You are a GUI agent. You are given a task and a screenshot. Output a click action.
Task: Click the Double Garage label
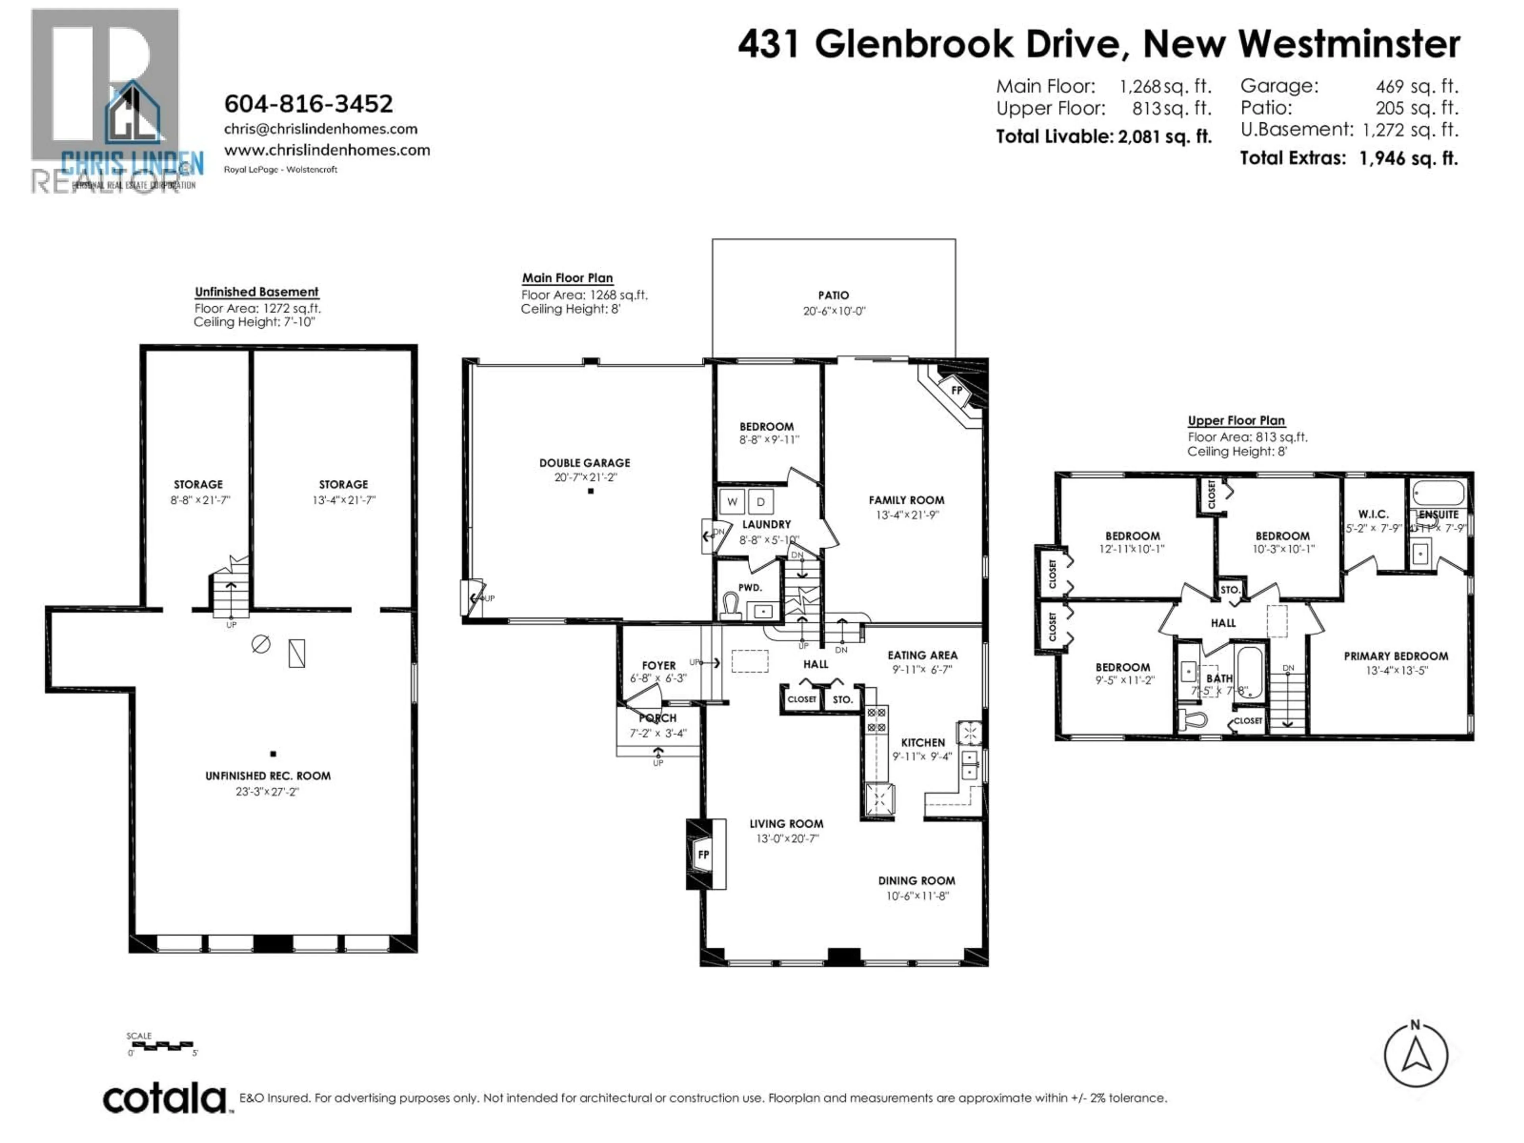coord(584,463)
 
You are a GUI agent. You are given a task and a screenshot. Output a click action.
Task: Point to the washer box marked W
coord(732,502)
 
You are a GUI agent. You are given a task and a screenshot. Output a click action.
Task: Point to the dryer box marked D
coord(761,502)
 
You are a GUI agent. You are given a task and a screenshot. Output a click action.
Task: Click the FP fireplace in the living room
coord(703,854)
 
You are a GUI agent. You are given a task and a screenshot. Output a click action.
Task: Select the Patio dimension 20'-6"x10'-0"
coord(834,311)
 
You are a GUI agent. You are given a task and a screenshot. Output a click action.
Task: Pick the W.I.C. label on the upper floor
coord(1373,514)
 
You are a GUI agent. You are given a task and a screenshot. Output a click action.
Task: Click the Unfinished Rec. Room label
coord(267,776)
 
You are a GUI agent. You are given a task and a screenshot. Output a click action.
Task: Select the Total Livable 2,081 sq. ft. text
coord(1103,137)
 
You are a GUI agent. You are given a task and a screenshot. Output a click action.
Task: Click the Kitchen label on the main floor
coord(922,742)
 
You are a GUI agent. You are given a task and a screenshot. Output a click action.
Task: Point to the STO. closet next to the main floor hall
coord(842,699)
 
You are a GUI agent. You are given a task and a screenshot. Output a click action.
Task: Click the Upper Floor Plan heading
coord(1236,420)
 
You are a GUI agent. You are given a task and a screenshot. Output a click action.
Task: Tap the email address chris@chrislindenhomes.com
coord(320,129)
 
